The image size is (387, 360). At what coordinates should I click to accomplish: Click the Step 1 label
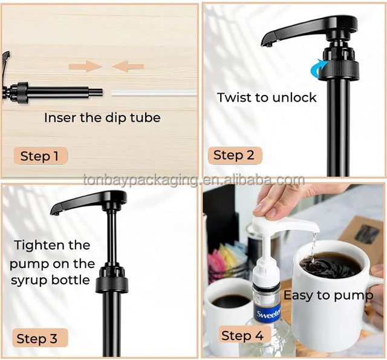click(40, 156)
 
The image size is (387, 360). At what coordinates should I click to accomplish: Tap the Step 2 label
click(233, 155)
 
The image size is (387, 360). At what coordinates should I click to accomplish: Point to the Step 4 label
click(242, 335)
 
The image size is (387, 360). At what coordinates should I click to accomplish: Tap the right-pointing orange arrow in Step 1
click(85, 65)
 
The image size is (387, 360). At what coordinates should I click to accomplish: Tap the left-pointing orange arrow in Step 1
click(128, 65)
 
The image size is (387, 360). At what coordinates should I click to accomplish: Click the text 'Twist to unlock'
click(267, 97)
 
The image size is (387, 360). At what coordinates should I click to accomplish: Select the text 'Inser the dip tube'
click(102, 117)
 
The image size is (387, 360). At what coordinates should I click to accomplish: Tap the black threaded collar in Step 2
click(339, 68)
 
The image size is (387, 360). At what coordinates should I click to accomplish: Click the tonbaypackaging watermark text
click(193, 180)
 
